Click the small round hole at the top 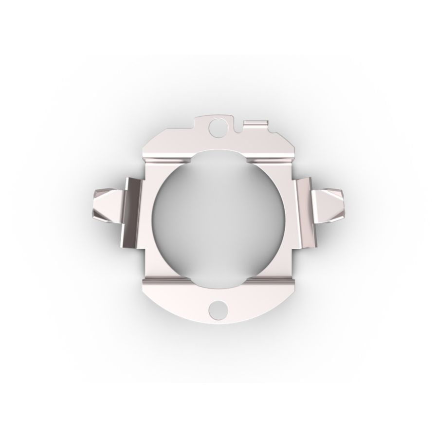pos(214,128)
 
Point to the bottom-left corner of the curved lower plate pos(146,292)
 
